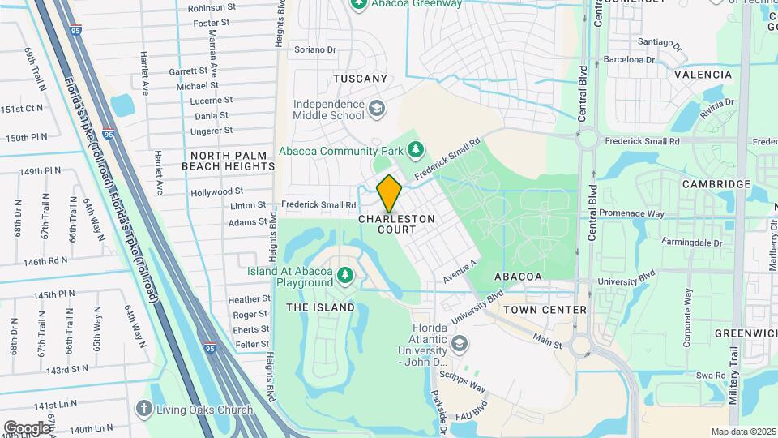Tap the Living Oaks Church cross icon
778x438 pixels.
click(x=144, y=408)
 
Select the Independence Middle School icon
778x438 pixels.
click(x=376, y=109)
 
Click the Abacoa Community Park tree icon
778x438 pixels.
click(x=416, y=149)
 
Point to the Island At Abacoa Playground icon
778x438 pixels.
click(x=346, y=275)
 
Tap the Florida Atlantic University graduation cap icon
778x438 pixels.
click(x=460, y=345)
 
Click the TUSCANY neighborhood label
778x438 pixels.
click(x=361, y=79)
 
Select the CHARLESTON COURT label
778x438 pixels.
click(x=397, y=225)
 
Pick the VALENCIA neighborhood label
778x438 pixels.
click(x=703, y=74)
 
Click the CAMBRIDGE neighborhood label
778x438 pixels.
click(x=716, y=184)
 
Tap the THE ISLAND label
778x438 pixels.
click(x=320, y=307)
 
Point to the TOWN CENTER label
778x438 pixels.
click(x=544, y=310)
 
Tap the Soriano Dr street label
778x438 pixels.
click(x=315, y=49)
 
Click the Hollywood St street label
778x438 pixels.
click(x=217, y=192)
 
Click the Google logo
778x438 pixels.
click(x=27, y=427)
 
